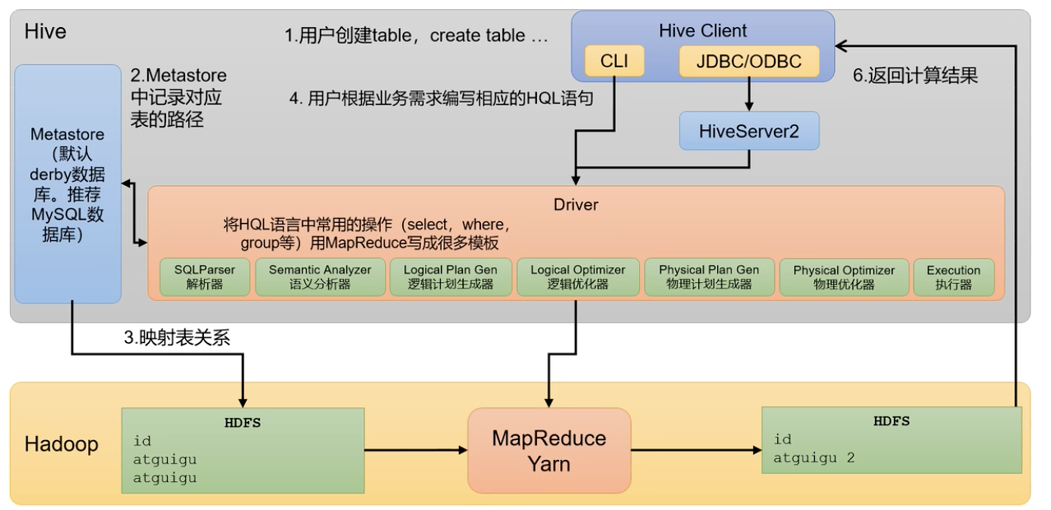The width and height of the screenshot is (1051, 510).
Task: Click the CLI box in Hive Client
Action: [x=613, y=62]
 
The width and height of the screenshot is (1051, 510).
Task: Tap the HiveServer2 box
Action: [x=748, y=131]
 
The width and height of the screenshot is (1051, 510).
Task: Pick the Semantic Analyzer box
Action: [x=320, y=277]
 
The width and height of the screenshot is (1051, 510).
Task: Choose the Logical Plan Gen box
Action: [x=450, y=277]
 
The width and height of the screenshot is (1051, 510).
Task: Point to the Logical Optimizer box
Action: [x=577, y=277]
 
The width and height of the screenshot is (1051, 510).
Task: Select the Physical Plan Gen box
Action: [x=709, y=277]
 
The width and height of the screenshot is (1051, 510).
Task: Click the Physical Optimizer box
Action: [x=844, y=277]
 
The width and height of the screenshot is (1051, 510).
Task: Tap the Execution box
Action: [x=953, y=277]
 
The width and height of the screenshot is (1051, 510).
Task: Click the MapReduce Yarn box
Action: [x=549, y=450]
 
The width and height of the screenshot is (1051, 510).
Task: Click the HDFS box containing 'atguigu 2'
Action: [x=891, y=439]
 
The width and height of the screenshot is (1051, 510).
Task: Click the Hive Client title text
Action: [x=703, y=31]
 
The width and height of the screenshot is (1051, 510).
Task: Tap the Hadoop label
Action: [x=61, y=444]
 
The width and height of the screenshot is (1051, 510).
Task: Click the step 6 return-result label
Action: [x=914, y=76]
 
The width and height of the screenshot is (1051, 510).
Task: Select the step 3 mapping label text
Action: [x=177, y=337]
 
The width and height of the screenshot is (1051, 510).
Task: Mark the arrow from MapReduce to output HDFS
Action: [x=696, y=450]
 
